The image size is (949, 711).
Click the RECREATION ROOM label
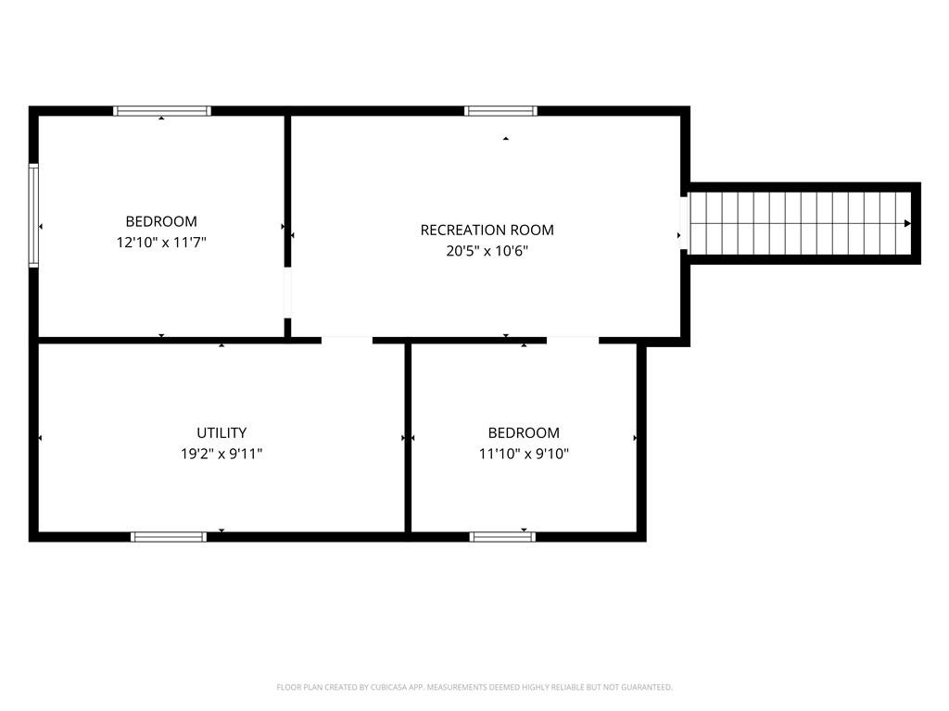(487, 230)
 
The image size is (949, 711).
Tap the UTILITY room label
(221, 433)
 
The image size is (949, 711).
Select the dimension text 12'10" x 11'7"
(161, 243)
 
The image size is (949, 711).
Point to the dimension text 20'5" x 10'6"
(487, 251)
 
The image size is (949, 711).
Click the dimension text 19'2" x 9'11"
(221, 454)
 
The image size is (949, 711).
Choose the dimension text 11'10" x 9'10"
(524, 454)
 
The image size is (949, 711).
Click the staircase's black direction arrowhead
(907, 224)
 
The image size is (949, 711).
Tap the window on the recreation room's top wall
(500, 111)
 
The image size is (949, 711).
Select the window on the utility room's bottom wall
(169, 537)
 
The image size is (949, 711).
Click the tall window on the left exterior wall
(34, 215)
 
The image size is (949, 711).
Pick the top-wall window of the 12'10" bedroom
(162, 111)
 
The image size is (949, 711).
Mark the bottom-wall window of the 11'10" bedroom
(502, 537)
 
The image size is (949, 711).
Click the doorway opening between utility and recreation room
(347, 341)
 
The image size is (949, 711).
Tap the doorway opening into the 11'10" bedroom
(573, 341)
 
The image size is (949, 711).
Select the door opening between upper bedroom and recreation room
(287, 292)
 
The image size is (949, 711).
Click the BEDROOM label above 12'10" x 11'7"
(161, 221)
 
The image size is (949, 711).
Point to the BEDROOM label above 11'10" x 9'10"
(524, 433)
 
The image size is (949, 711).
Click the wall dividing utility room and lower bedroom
(408, 438)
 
